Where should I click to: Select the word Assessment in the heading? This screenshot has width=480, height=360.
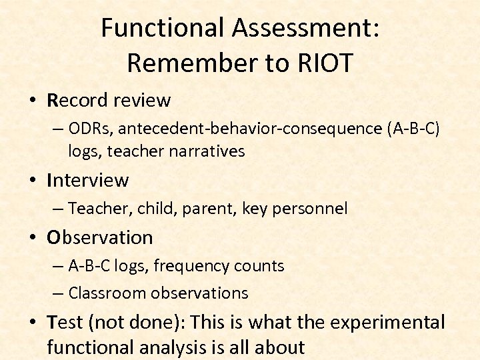(x=304, y=27)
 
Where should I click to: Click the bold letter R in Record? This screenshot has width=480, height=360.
(x=53, y=101)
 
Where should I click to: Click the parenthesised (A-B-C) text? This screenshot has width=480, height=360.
(x=413, y=129)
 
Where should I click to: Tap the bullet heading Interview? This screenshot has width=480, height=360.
(x=87, y=180)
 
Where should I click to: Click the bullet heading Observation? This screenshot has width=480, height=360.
(x=99, y=237)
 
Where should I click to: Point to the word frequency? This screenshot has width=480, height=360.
(x=194, y=266)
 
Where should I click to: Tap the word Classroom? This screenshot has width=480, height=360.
(x=107, y=293)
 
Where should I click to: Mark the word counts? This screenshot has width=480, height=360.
(x=262, y=266)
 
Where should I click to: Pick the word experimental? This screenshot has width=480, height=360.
(x=387, y=323)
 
